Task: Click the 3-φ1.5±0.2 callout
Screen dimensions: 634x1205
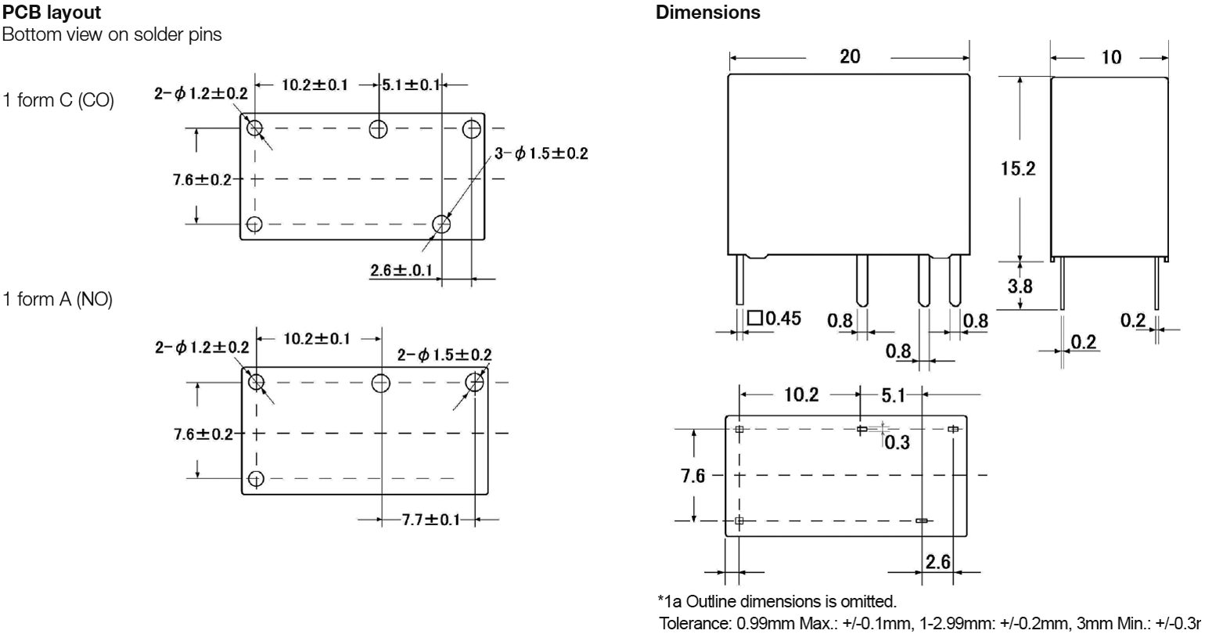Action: tap(541, 153)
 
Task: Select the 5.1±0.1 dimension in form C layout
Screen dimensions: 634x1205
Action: tap(411, 85)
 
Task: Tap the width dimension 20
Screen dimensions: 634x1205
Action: tap(849, 56)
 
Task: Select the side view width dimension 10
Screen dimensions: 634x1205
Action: tap(1110, 56)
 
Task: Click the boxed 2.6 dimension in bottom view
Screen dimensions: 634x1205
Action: tap(937, 562)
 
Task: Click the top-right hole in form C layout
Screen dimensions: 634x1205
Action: tap(472, 128)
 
